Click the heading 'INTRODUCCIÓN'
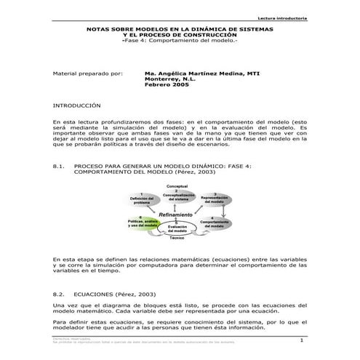click(x=77, y=105)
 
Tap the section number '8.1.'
click(x=60, y=167)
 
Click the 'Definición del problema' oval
click(x=141, y=201)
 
